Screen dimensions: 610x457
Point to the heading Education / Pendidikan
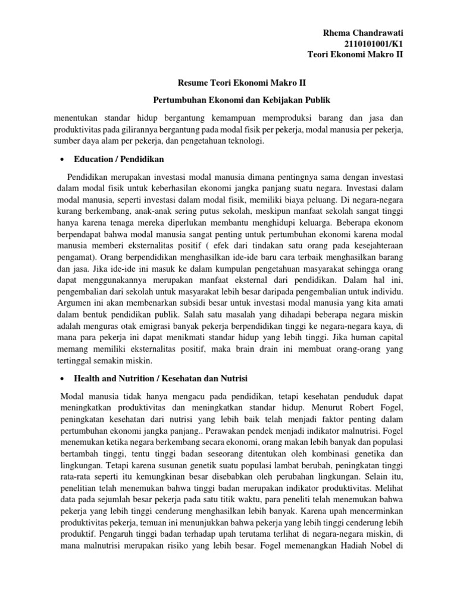pos(118,160)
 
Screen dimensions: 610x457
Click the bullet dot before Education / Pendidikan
pos(61,160)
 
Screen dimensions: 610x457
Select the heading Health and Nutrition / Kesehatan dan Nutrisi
pos(160,378)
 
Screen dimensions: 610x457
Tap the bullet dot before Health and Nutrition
pos(61,379)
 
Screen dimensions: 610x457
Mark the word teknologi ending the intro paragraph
pos(243,141)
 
